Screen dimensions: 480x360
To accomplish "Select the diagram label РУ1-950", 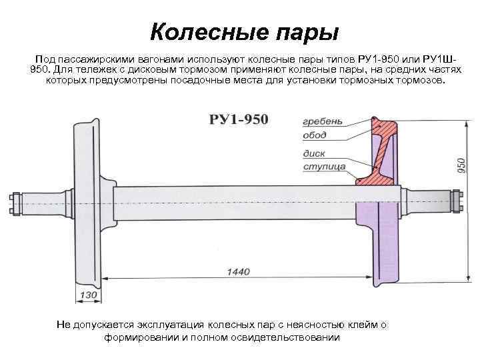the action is (x=238, y=119).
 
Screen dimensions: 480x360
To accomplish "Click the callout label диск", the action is (x=313, y=154).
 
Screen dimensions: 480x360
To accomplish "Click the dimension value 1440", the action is (x=238, y=271).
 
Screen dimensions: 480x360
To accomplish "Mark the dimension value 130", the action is (x=88, y=295).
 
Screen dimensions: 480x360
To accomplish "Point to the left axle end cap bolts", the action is (x=14, y=203).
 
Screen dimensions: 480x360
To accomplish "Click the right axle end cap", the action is (x=457, y=201).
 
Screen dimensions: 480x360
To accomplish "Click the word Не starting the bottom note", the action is (x=63, y=325).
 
